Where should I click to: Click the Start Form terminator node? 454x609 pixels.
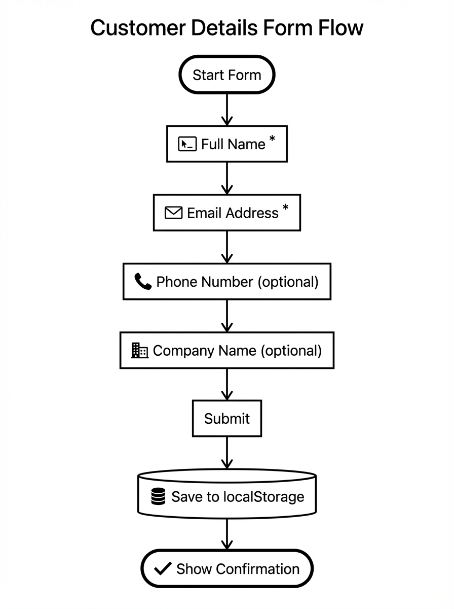point(226,75)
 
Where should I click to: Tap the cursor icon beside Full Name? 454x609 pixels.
point(187,144)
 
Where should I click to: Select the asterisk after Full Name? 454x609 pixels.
point(272,140)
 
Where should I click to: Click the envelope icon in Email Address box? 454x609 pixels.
point(173,213)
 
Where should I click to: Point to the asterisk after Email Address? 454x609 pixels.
point(285,208)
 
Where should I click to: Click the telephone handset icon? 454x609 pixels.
point(143,282)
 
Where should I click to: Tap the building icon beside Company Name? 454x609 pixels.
point(139,350)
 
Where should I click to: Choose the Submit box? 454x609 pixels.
point(226,418)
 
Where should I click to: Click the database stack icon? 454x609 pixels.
point(158,496)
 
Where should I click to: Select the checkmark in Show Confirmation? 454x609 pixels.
point(162,569)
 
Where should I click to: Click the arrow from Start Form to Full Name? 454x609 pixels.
point(227,110)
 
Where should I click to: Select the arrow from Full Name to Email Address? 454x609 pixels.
point(227,178)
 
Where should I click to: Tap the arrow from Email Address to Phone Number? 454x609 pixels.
point(227,247)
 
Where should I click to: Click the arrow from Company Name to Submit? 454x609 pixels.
point(227,384)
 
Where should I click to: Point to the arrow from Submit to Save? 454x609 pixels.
point(227,453)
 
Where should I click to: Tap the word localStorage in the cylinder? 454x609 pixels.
point(263,496)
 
